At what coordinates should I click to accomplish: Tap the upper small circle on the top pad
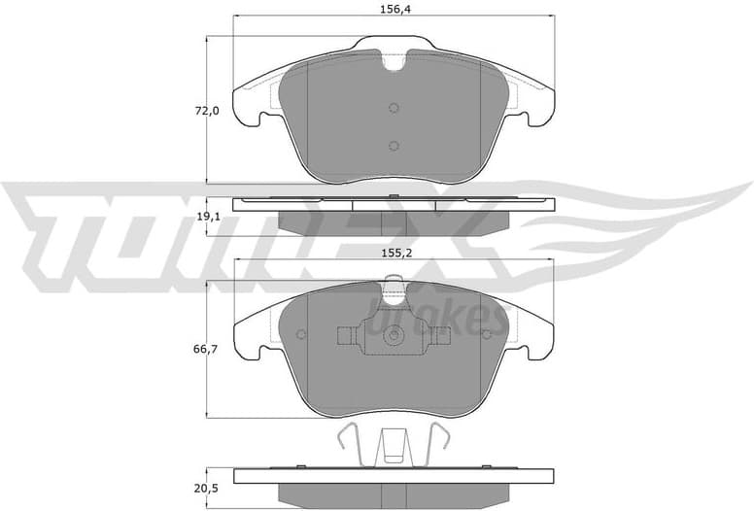click(x=394, y=108)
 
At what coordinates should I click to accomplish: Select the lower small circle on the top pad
click(x=394, y=146)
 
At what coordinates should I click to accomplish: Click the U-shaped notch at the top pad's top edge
click(x=394, y=60)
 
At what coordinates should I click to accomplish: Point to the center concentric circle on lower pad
click(x=394, y=336)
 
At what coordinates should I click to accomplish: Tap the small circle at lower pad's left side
click(x=301, y=335)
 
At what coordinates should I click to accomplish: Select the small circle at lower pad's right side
click(x=486, y=335)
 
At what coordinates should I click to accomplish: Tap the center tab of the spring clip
click(x=394, y=449)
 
